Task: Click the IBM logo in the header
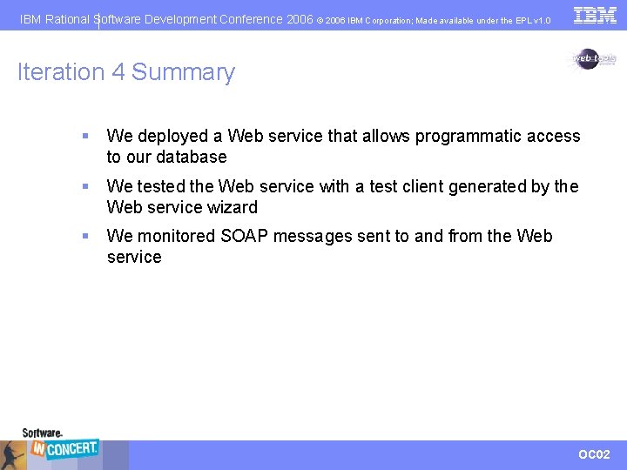point(595,15)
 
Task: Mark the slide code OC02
point(595,454)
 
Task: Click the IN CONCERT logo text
point(65,448)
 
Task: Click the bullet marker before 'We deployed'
point(84,137)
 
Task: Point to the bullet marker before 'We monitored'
point(84,237)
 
